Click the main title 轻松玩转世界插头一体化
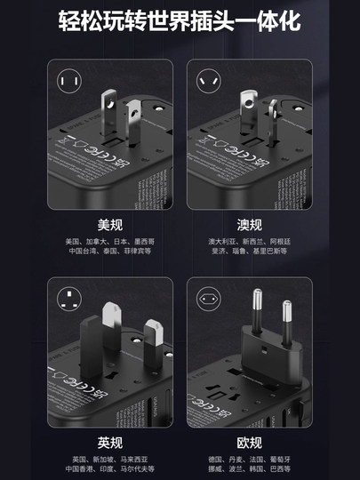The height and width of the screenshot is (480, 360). click(x=180, y=21)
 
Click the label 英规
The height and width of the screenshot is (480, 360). click(x=109, y=443)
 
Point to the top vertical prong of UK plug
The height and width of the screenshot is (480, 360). click(x=111, y=318)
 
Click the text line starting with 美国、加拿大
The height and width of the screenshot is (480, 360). click(x=109, y=241)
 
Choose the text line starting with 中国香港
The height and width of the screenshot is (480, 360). click(x=109, y=468)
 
